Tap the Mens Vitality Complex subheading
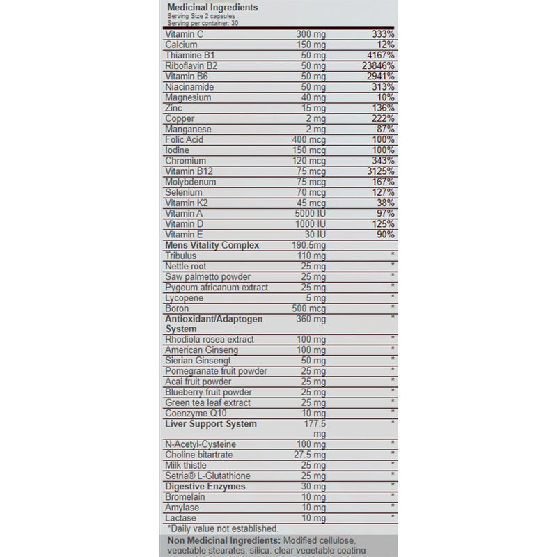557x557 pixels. click(212, 245)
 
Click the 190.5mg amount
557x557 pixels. click(309, 245)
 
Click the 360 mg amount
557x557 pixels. click(310, 318)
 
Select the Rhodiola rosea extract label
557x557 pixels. click(209, 339)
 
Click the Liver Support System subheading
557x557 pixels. click(210, 423)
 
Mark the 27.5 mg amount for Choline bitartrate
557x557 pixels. click(308, 455)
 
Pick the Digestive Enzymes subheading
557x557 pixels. click(205, 486)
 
